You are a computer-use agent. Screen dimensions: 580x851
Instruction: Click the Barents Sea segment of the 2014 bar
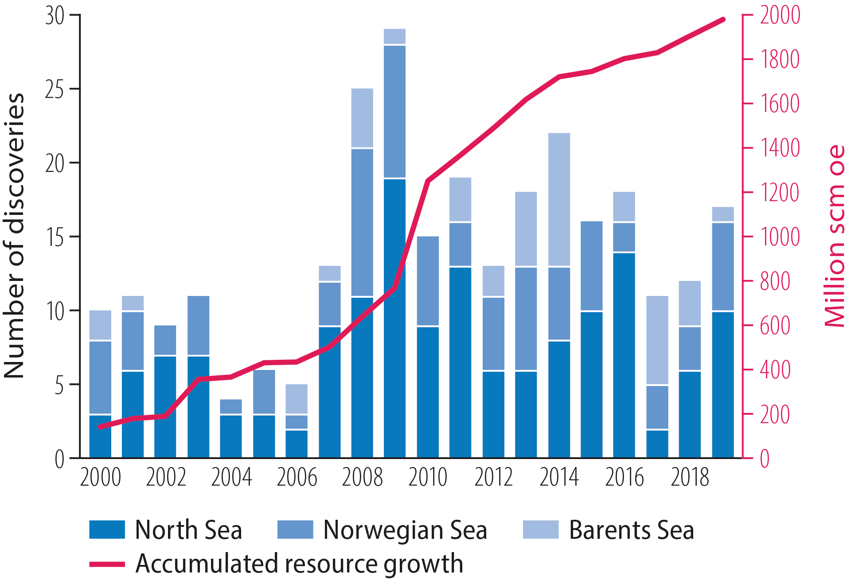click(559, 199)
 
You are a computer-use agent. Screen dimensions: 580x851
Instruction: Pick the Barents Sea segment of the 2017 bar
click(657, 340)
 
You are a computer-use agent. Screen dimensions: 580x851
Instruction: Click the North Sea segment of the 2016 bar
click(624, 354)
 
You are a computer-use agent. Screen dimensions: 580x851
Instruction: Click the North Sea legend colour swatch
click(107, 529)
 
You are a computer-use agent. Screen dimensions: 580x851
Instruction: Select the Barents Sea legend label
click(631, 530)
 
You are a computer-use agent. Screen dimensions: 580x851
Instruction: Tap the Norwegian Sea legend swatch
click(295, 529)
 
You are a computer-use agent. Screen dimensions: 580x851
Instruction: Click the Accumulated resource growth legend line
click(107, 564)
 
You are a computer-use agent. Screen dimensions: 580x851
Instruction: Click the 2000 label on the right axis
click(780, 15)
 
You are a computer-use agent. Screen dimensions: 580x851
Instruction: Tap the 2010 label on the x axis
click(428, 478)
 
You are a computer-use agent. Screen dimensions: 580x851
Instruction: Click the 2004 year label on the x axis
click(231, 478)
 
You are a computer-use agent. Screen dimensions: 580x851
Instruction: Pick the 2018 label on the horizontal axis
click(690, 478)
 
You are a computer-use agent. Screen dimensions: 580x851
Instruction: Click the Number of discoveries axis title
click(14, 236)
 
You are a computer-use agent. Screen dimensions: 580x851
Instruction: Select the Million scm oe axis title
click(835, 236)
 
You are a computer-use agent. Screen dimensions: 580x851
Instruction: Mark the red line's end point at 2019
click(723, 19)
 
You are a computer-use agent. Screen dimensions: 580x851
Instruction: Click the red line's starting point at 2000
click(100, 427)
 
